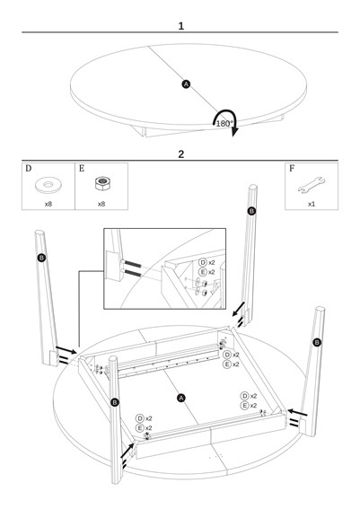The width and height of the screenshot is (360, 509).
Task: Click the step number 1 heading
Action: click(181, 26)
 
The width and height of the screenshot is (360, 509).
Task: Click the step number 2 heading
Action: click(181, 154)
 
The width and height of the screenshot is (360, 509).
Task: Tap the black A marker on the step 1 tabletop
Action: click(186, 84)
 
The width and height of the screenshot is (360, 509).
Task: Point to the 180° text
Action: click(224, 124)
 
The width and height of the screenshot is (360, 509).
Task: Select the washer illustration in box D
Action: click(48, 185)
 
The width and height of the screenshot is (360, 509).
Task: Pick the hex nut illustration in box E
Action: click(102, 183)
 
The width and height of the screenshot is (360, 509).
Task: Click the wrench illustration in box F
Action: click(312, 185)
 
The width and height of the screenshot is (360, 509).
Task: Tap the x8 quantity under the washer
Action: click(48, 204)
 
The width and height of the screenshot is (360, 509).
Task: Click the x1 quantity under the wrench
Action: click(312, 204)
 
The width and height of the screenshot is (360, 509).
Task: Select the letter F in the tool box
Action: click(292, 169)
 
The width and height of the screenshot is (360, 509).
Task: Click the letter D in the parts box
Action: click(29, 169)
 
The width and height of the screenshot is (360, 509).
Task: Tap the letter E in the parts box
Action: click(82, 169)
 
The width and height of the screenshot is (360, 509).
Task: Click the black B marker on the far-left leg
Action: click(41, 258)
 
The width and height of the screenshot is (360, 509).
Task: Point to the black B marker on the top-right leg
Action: click(251, 211)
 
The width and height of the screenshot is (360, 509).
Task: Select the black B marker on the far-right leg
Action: click(317, 342)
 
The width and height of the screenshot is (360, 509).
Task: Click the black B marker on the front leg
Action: click(115, 402)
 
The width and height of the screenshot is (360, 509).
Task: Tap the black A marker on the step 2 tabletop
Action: click(181, 398)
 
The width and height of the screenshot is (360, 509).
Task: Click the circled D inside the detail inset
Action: click(203, 263)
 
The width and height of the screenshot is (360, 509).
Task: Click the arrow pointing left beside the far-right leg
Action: click(297, 413)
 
